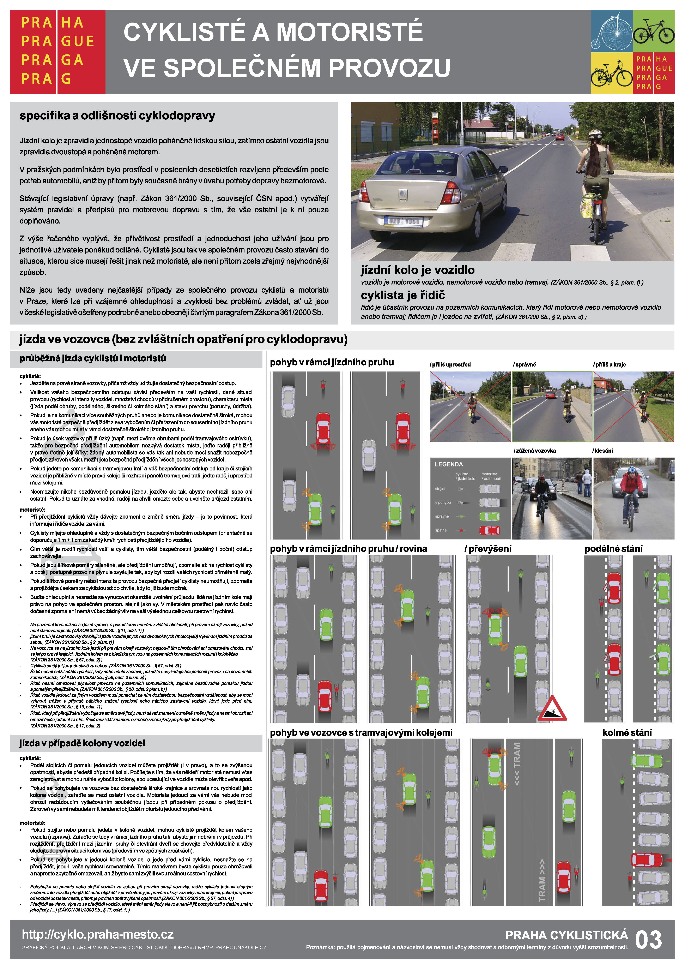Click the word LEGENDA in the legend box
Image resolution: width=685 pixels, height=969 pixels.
[449, 464]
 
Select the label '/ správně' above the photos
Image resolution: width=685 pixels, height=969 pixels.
[525, 365]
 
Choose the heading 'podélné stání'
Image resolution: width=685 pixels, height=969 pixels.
[613, 549]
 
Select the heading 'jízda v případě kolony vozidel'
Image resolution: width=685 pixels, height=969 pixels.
[82, 743]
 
